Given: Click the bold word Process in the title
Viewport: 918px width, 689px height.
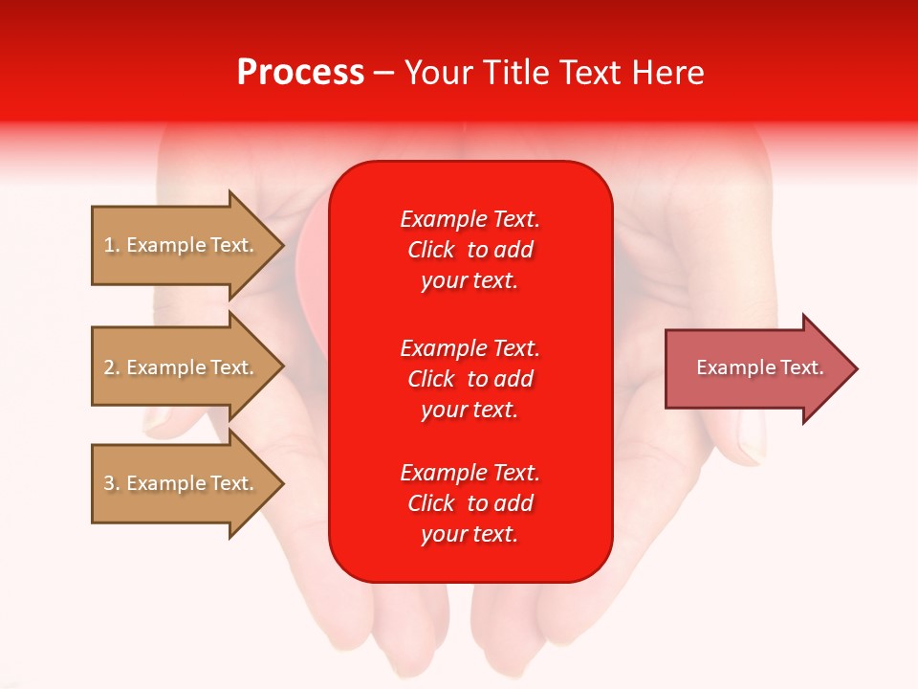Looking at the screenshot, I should click(300, 73).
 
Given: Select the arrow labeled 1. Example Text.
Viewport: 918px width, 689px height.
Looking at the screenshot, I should click(182, 245).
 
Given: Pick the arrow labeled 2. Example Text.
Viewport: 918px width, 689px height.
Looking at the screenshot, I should click(182, 367).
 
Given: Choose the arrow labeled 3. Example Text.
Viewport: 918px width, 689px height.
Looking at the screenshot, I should click(182, 483).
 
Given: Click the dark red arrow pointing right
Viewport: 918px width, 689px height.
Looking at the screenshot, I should click(755, 368).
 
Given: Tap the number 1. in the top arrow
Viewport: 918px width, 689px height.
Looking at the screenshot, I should click(112, 245).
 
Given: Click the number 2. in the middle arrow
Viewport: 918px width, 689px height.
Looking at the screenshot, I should click(112, 367).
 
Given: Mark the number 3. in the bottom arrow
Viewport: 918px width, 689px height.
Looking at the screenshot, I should click(112, 483).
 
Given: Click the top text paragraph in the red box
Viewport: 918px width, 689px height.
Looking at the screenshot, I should click(470, 250).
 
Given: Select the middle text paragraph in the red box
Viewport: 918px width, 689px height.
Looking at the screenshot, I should click(470, 379).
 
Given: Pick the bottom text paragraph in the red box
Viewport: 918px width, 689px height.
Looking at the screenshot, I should click(470, 503).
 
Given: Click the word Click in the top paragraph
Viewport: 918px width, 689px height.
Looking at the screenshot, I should click(431, 250).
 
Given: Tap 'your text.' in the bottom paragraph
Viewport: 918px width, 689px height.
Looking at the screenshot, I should click(470, 534).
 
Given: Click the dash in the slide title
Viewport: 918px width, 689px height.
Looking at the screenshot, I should click(382, 73).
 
